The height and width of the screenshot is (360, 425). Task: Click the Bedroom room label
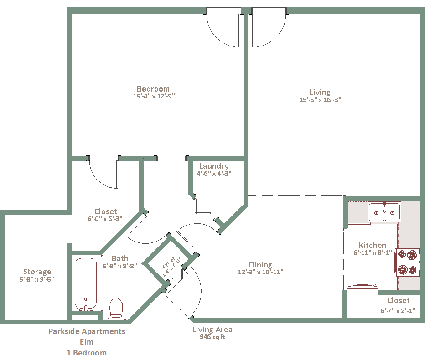click(x=153, y=89)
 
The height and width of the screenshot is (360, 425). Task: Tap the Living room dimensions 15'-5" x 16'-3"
click(x=320, y=100)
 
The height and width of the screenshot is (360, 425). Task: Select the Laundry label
click(x=214, y=166)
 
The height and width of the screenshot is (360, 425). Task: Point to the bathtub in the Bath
click(x=86, y=284)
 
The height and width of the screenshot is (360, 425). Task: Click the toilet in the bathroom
click(x=116, y=308)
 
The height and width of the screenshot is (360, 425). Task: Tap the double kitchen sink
click(x=384, y=212)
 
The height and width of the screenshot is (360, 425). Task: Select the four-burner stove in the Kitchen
click(x=407, y=262)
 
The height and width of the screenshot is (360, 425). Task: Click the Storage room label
click(x=37, y=272)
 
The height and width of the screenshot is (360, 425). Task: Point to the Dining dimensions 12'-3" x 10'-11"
click(x=261, y=272)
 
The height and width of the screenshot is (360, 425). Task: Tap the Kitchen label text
click(x=373, y=245)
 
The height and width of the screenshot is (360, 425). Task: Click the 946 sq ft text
click(x=212, y=337)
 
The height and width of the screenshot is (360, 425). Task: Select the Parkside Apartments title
click(x=87, y=331)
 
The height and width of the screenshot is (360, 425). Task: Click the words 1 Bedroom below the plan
click(x=87, y=353)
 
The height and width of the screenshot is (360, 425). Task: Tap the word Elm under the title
click(x=87, y=342)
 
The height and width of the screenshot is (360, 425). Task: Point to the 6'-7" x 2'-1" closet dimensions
click(x=398, y=311)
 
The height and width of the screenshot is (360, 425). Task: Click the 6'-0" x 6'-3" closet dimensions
click(x=105, y=219)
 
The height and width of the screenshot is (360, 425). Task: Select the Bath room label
click(x=120, y=258)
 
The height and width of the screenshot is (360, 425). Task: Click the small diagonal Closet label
click(x=169, y=263)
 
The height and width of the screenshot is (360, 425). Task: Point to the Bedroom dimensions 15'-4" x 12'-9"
click(x=154, y=96)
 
